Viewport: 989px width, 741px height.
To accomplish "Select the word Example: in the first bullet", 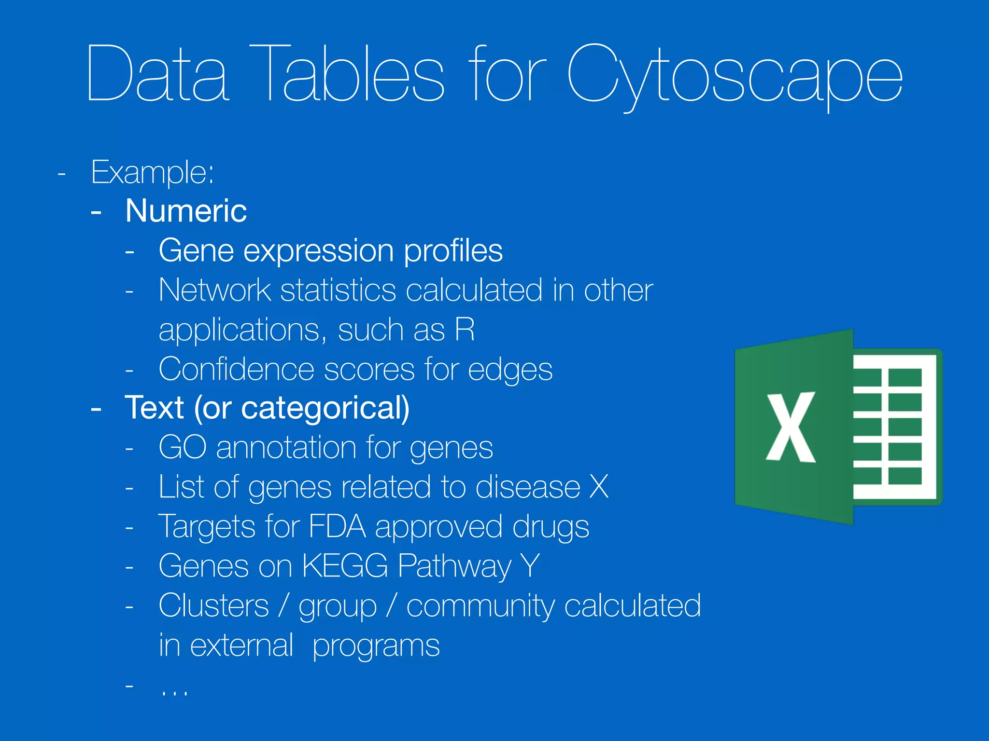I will (152, 172).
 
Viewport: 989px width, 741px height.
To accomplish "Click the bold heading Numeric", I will (186, 211).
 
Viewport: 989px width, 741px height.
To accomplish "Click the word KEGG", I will (345, 565).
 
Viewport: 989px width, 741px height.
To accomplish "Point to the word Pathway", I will (454, 566).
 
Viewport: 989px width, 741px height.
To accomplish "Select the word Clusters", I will (213, 605).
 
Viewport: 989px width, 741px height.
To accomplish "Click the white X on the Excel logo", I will (791, 427).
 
